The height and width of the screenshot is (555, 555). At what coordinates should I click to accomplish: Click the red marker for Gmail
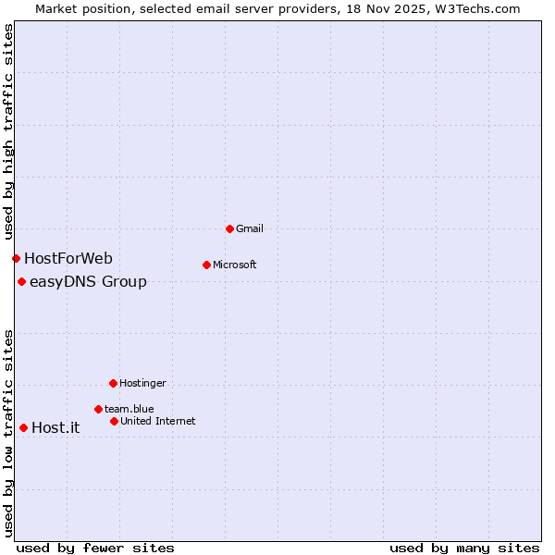tap(229, 228)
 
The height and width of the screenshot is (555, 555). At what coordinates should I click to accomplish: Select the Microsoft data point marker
tap(206, 265)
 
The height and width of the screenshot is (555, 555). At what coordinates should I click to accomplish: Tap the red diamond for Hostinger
tap(113, 383)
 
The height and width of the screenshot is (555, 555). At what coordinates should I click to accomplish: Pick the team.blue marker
tap(98, 409)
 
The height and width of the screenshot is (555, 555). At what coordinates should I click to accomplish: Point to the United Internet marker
tap(114, 421)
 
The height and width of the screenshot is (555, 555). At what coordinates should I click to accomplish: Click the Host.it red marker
tap(23, 427)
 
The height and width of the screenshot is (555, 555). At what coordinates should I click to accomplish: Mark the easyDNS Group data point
tap(21, 281)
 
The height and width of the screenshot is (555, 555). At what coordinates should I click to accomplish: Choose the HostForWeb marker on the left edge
tap(16, 258)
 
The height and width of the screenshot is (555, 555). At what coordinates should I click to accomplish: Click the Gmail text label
tap(250, 228)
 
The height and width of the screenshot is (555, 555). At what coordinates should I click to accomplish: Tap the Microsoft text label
tap(235, 265)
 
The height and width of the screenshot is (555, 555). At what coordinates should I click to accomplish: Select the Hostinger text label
tap(142, 383)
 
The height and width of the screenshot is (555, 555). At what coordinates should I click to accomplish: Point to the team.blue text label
tap(129, 409)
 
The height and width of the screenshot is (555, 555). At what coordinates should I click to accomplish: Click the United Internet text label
tap(158, 421)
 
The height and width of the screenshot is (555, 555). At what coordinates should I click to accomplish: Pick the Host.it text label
tap(55, 427)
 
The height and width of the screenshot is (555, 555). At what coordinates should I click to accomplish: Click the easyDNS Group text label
tap(88, 281)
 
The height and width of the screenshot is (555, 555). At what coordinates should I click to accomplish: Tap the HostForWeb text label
tap(68, 258)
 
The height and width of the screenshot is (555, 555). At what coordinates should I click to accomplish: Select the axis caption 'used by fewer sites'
tap(95, 548)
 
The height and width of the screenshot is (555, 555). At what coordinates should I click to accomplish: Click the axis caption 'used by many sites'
tap(464, 548)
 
